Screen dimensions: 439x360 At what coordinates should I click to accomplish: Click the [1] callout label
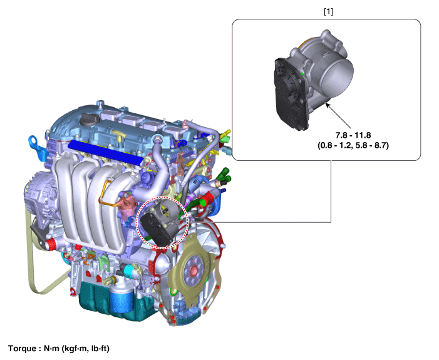point(328,12)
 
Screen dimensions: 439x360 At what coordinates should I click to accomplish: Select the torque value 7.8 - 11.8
point(353,135)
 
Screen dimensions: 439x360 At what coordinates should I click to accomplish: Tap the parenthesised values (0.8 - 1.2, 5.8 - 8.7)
point(353,145)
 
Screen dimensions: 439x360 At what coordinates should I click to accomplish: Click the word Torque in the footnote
point(22,349)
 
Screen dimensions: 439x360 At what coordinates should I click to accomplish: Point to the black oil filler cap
point(90,120)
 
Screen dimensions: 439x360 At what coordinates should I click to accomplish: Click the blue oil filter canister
point(121,299)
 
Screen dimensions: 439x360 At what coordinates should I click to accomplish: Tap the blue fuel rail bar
point(106,152)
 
